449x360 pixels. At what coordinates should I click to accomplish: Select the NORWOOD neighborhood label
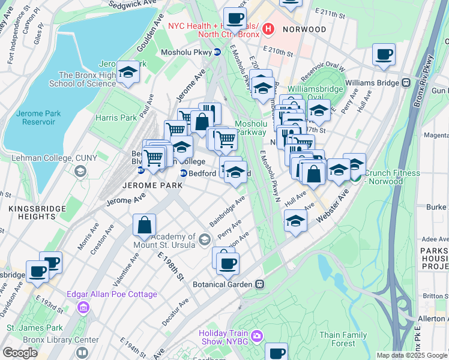(x=306, y=29)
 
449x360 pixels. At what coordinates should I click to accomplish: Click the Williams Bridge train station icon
(x=406, y=82)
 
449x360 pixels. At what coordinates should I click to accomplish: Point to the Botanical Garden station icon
(x=260, y=284)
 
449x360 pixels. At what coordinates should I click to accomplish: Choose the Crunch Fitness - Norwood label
(x=399, y=177)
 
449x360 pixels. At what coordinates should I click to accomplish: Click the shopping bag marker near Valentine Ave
(x=145, y=226)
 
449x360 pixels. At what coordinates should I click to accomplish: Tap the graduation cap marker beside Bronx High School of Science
(x=127, y=73)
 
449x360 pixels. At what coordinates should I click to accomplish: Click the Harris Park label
(x=116, y=118)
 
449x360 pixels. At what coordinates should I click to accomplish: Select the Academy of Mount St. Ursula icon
(x=205, y=241)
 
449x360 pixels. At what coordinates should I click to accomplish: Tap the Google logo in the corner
(x=20, y=352)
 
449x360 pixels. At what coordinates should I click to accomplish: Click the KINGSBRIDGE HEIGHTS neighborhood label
(x=34, y=214)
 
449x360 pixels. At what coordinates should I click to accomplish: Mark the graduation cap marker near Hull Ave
(x=295, y=221)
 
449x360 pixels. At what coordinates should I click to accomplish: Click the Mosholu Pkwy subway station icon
(x=217, y=52)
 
